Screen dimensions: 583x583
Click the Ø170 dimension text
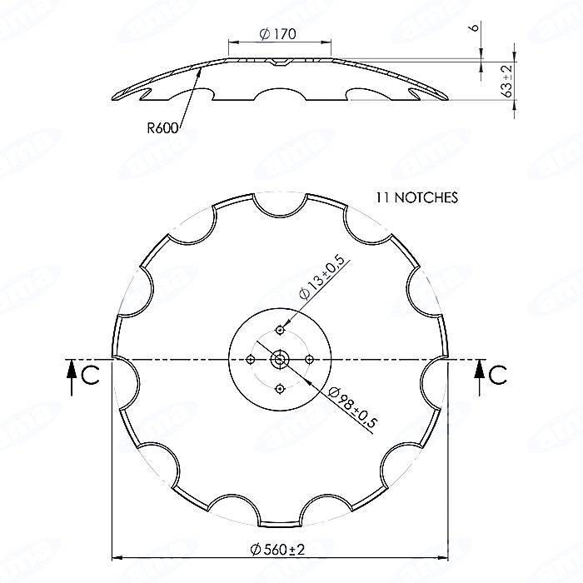(x=279, y=34)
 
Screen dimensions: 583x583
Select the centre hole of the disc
(x=280, y=360)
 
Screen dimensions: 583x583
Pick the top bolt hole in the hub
(x=280, y=331)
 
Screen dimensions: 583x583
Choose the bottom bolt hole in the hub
(x=280, y=388)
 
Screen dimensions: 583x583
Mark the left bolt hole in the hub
(x=251, y=360)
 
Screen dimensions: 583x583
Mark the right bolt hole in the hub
(x=309, y=360)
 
